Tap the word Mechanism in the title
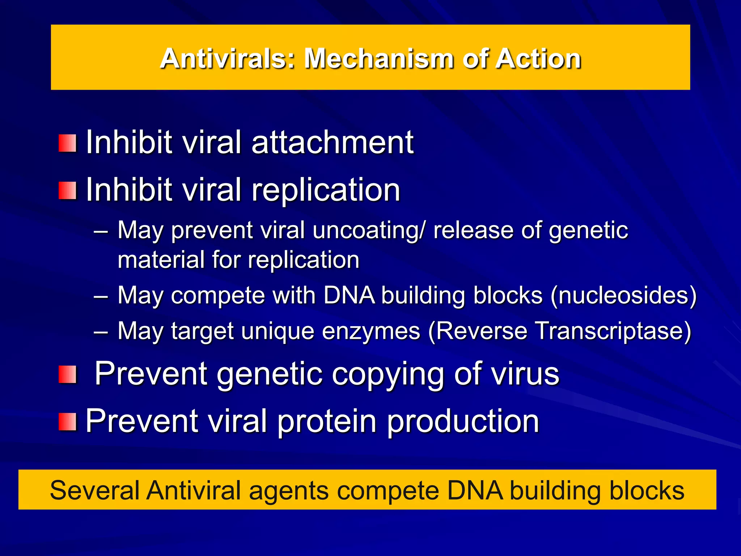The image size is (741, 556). pos(378,59)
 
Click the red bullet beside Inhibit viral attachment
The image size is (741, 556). pos(67,143)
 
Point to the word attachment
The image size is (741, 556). pos(332,143)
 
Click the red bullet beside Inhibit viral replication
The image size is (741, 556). pos(67,191)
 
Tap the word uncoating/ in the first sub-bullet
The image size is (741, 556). pos(369,231)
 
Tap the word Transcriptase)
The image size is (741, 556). pos(613,331)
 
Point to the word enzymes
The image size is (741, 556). pos(371,331)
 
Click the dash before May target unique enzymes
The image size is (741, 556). pos(101,332)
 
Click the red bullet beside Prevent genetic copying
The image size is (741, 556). pos(67,374)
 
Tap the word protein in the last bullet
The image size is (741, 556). pos(327,421)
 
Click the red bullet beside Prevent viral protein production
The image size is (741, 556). pos(67,422)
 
